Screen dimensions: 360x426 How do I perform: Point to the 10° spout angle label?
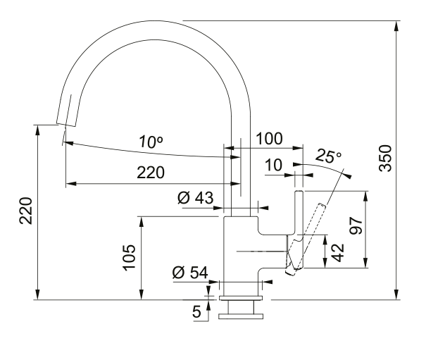click(x=150, y=142)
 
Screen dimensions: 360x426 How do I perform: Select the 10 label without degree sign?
click(x=275, y=165)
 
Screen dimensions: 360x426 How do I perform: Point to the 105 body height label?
click(x=130, y=257)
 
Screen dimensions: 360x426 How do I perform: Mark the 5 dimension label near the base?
click(x=196, y=309)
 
